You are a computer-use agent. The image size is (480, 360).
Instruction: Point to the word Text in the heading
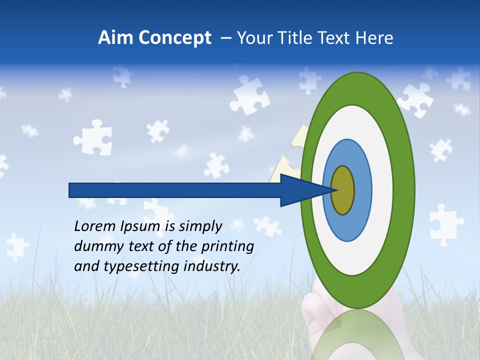336,38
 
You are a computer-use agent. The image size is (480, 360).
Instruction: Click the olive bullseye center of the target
343,190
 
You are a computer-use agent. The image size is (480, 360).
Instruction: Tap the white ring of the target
382,190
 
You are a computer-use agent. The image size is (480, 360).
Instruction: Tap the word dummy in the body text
94,246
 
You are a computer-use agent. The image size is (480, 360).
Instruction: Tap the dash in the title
225,38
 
